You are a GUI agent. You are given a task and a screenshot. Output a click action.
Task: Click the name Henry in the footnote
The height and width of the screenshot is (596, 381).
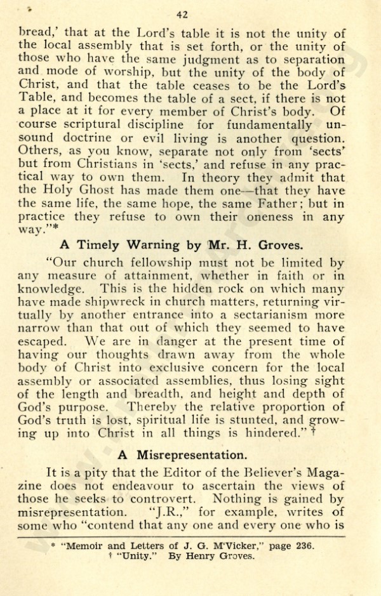pyautogui.click(x=206, y=557)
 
